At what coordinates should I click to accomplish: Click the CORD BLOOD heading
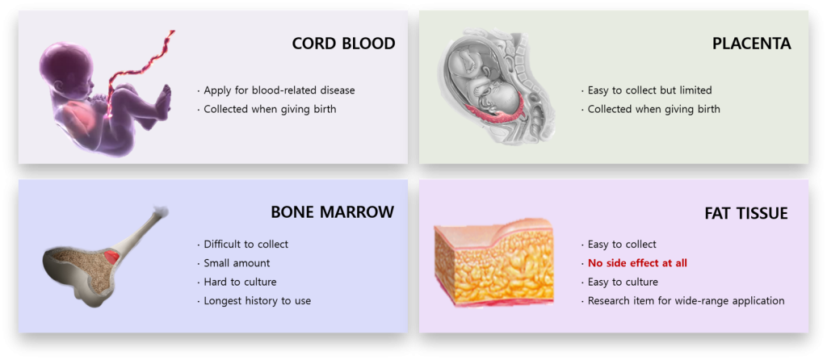tap(343, 44)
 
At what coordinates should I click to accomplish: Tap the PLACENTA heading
tap(752, 44)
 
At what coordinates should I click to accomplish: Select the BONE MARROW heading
tap(332, 212)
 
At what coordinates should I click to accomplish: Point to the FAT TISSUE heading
tap(745, 213)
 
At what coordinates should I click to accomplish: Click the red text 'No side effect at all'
tap(637, 263)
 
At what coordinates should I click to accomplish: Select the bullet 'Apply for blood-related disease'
tap(279, 90)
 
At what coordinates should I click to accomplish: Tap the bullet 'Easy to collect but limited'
tap(650, 90)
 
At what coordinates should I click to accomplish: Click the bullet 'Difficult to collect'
tap(246, 245)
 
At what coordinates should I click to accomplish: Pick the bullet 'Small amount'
tap(237, 263)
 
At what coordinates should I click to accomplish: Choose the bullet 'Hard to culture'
tap(240, 282)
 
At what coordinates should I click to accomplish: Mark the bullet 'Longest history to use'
tap(258, 301)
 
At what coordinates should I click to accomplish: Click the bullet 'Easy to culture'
tap(623, 282)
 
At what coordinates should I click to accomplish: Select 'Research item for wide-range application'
tap(686, 301)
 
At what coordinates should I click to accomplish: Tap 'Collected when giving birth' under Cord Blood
tap(270, 109)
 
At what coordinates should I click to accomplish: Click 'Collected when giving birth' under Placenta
tap(653, 109)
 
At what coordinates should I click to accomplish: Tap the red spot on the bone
tap(111, 257)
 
